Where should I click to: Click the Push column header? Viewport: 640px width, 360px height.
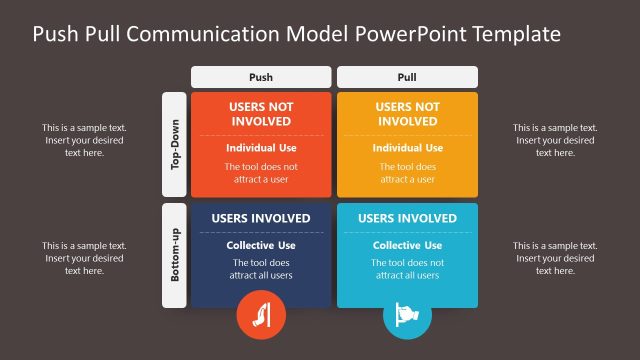point(260,76)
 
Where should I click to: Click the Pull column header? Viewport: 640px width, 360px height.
point(407,76)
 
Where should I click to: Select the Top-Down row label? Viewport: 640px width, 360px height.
point(174,145)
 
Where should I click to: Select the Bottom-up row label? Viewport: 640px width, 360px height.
point(174,255)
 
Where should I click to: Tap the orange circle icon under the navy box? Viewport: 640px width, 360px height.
point(260,316)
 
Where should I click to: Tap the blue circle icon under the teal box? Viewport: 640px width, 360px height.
point(407,316)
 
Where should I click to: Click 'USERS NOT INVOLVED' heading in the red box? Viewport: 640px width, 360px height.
point(261,114)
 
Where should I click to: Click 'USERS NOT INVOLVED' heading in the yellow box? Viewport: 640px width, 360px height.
point(407,114)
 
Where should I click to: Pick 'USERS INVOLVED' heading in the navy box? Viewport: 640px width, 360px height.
point(261,219)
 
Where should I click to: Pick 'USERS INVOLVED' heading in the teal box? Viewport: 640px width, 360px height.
point(407,219)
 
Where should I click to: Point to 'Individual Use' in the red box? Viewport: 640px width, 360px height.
point(261,148)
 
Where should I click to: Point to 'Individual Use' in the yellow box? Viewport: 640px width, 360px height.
point(407,148)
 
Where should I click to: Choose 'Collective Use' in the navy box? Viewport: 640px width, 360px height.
point(261,245)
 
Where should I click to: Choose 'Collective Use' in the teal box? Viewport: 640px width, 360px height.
point(407,245)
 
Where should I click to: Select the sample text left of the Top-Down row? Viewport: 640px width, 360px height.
point(84,140)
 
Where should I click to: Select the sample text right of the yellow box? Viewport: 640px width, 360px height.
point(555,140)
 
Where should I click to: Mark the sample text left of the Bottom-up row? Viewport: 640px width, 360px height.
point(84,258)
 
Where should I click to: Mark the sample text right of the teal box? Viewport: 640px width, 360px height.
point(555,258)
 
